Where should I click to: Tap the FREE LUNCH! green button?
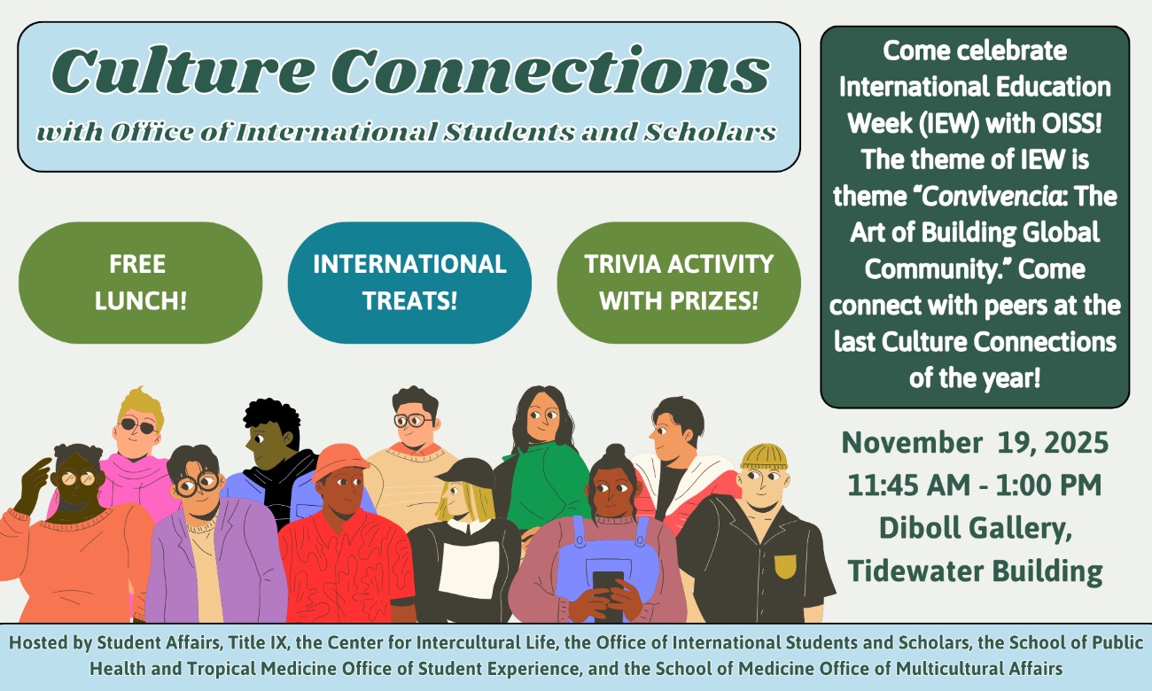click(140, 282)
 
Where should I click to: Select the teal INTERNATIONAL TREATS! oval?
click(409, 282)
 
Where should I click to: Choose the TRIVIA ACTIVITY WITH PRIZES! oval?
click(679, 282)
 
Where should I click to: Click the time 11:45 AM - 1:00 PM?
click(975, 485)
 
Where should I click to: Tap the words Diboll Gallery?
click(975, 528)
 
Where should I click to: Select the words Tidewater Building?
click(975, 571)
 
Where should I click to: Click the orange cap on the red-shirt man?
click(339, 461)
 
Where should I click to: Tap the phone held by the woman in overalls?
click(608, 586)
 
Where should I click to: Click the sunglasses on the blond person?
click(138, 426)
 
